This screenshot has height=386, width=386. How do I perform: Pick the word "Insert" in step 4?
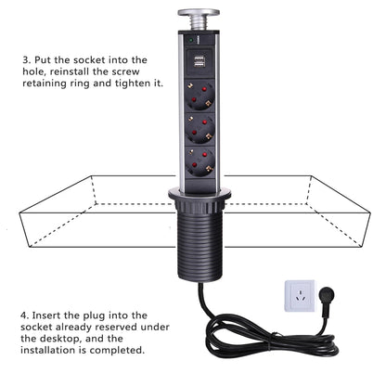[55, 313]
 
